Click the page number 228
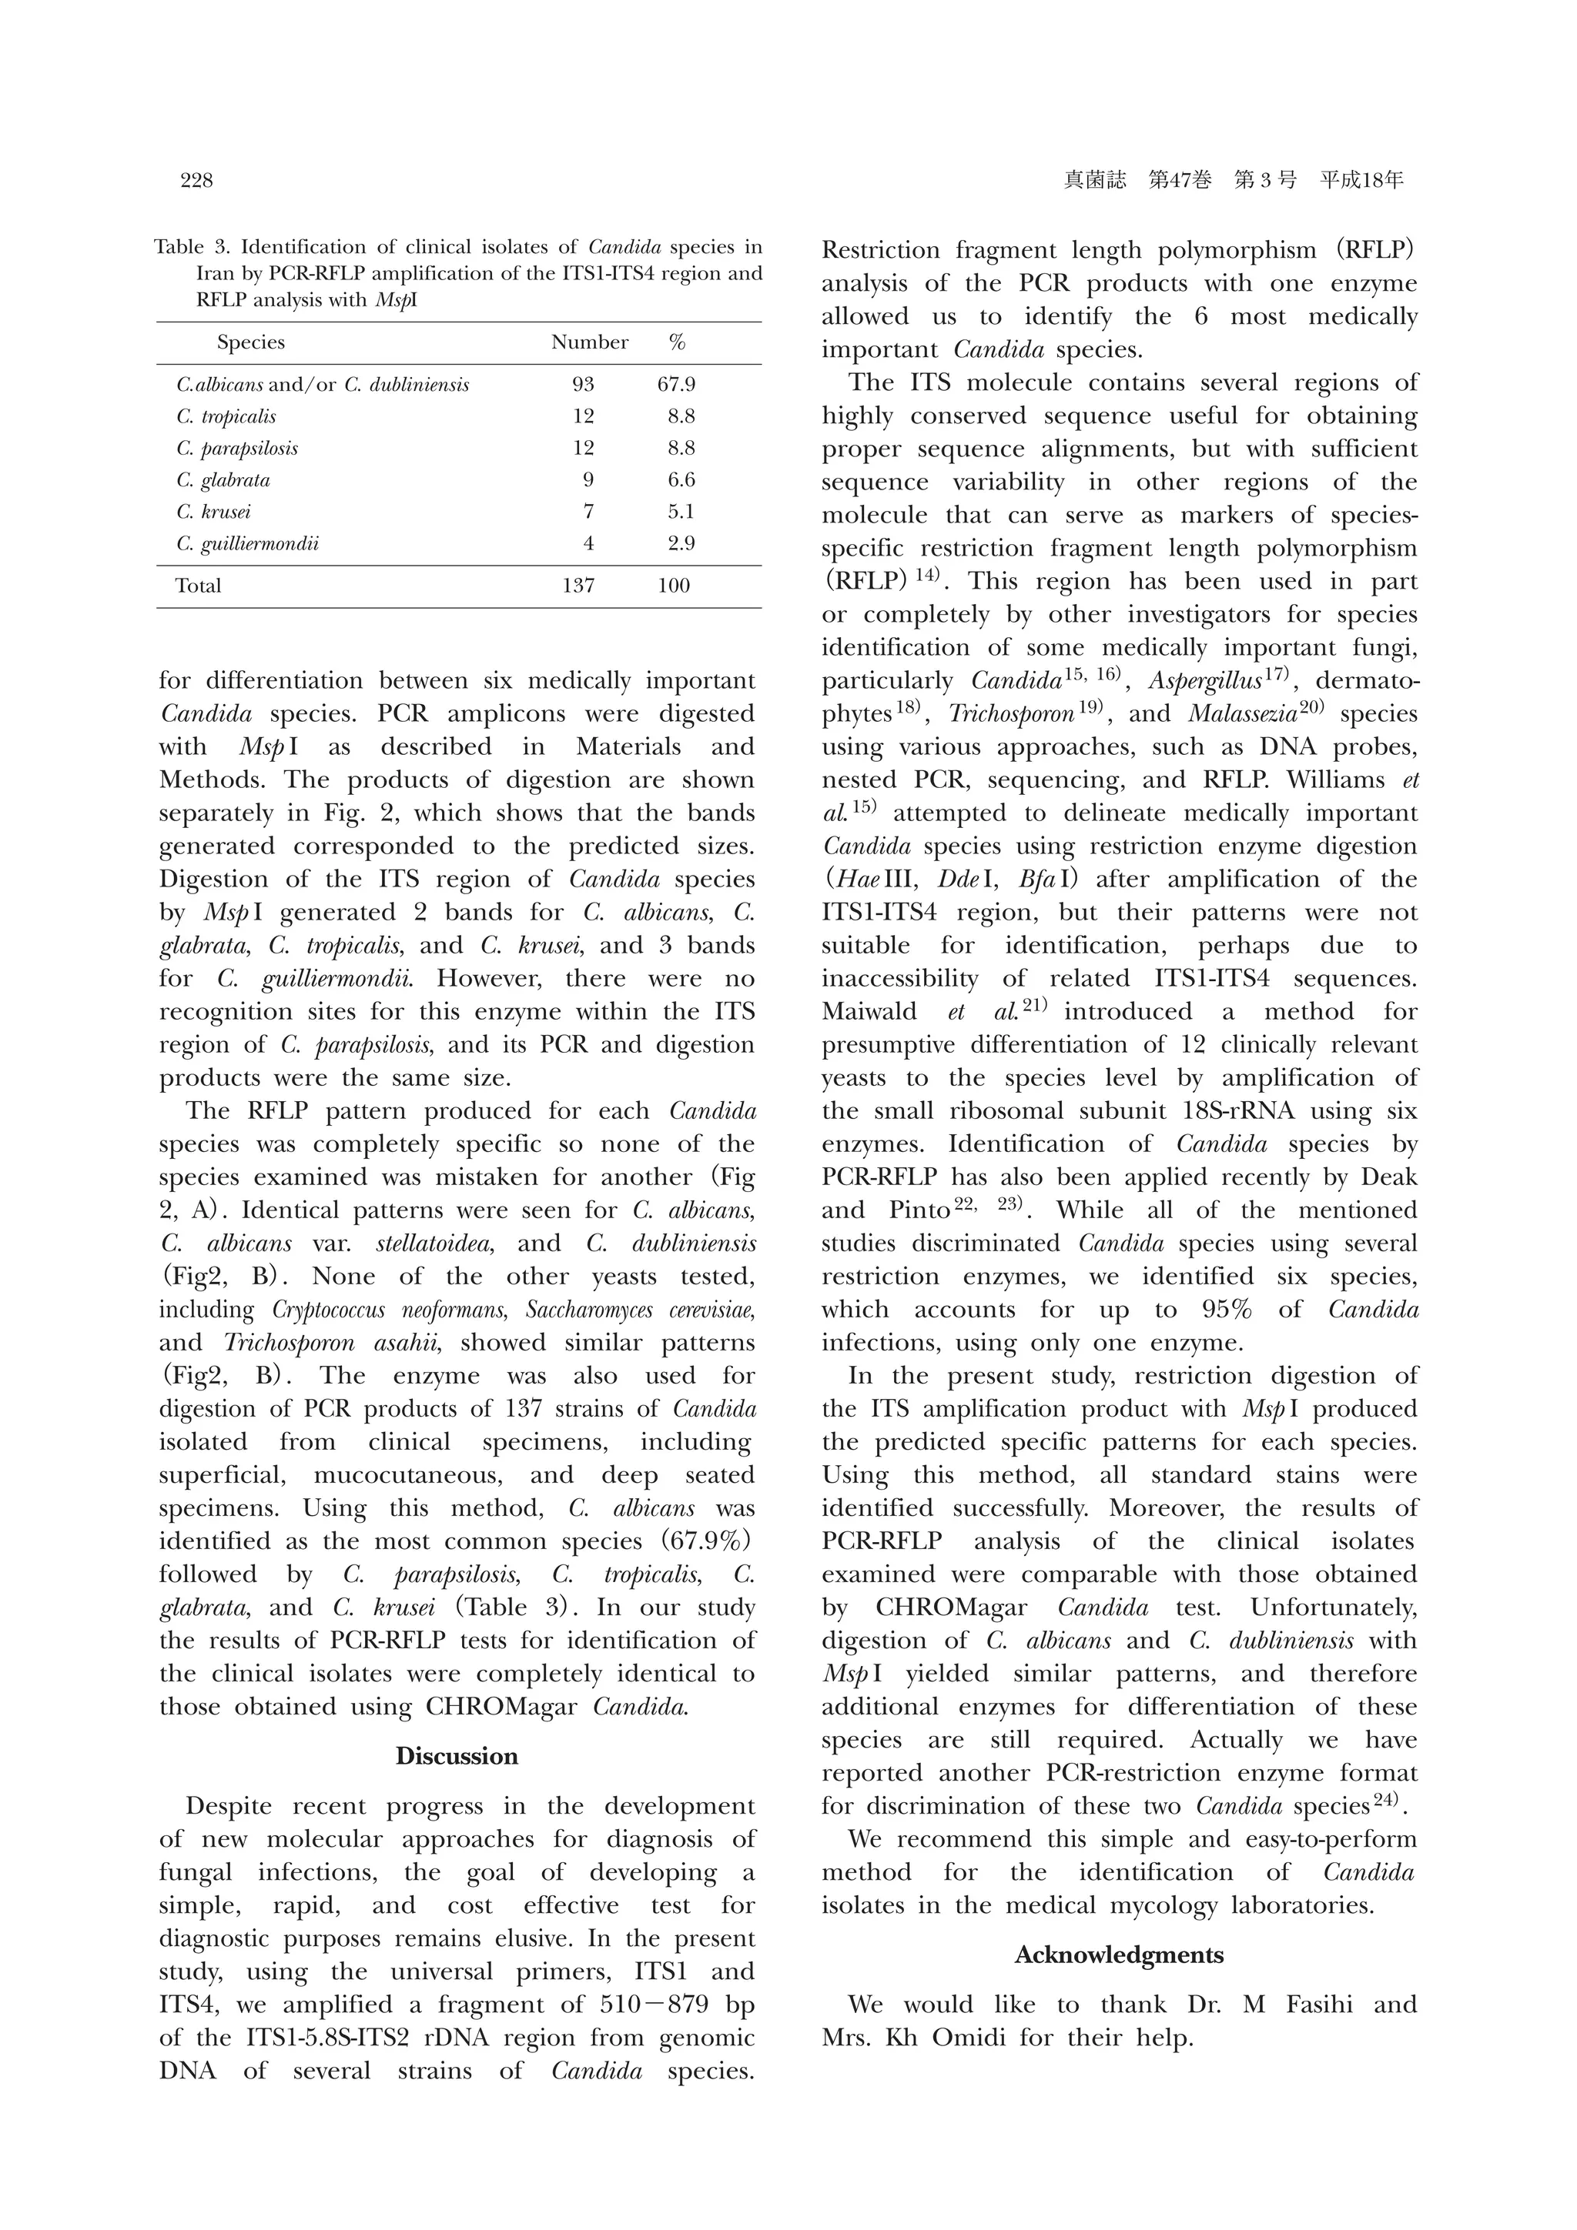click(x=196, y=181)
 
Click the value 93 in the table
click(x=583, y=385)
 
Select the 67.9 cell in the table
click(x=676, y=385)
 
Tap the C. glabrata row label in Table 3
click(x=223, y=481)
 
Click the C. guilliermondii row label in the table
click(x=248, y=544)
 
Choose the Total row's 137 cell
click(x=578, y=586)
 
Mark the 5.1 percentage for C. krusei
click(x=681, y=512)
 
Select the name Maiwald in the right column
click(x=869, y=1012)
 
